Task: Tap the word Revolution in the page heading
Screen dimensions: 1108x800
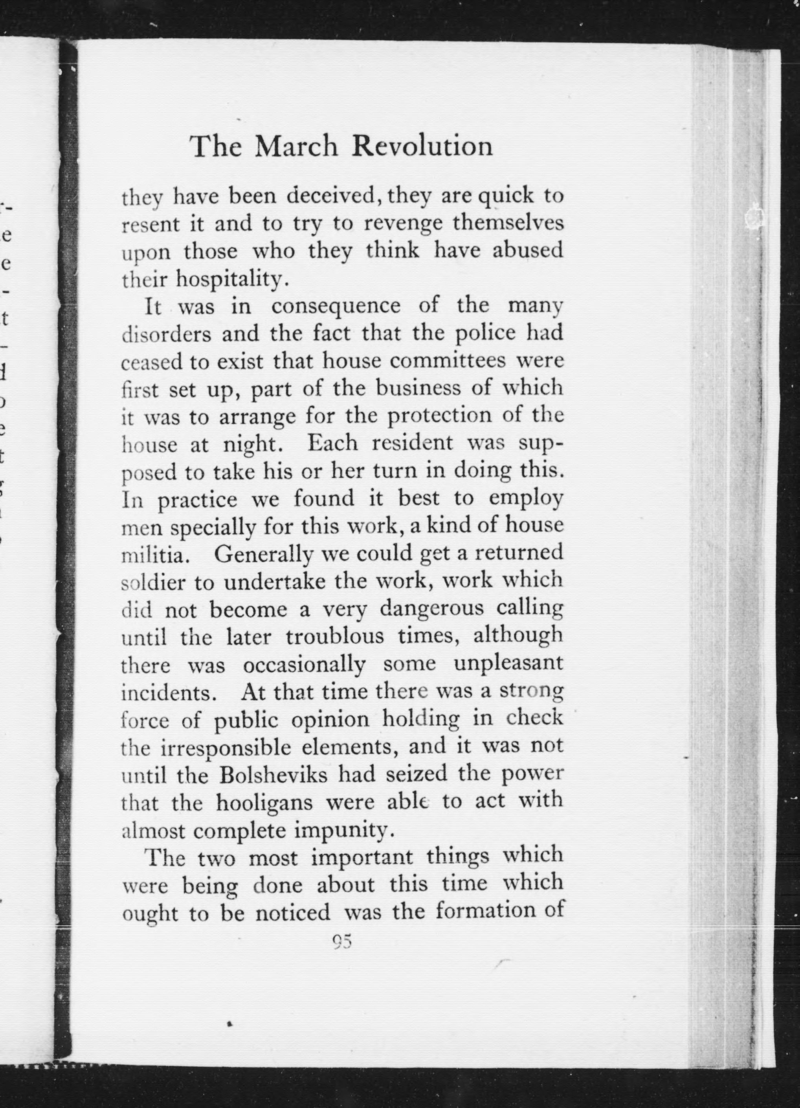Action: pos(423,146)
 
